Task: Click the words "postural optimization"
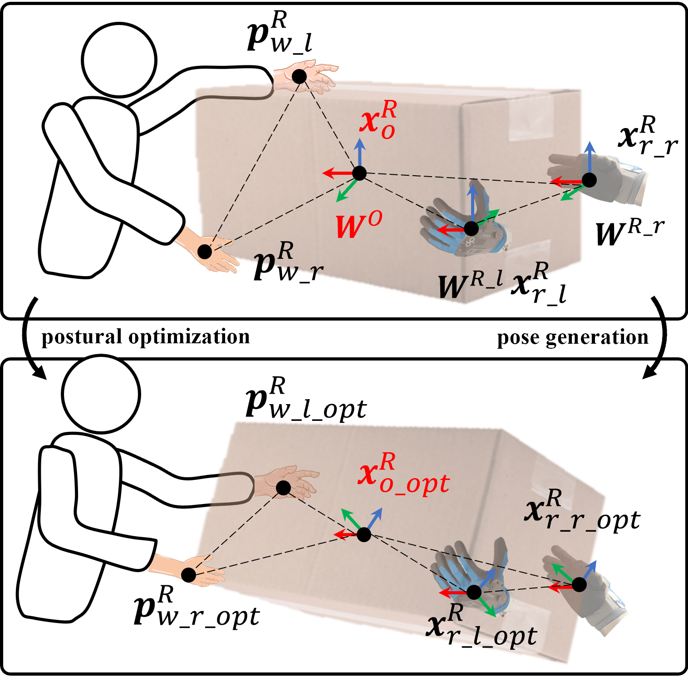coord(145,337)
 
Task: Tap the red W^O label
coord(359,225)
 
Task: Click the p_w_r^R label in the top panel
coord(288,262)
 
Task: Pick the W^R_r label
coord(630,232)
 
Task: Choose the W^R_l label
coord(470,286)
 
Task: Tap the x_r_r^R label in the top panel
coord(648,136)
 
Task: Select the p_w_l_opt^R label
coord(305,400)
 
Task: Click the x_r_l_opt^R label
coord(482,627)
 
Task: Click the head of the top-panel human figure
coord(119,59)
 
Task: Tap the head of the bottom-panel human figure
coord(101,393)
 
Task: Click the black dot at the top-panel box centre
coord(359,173)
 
